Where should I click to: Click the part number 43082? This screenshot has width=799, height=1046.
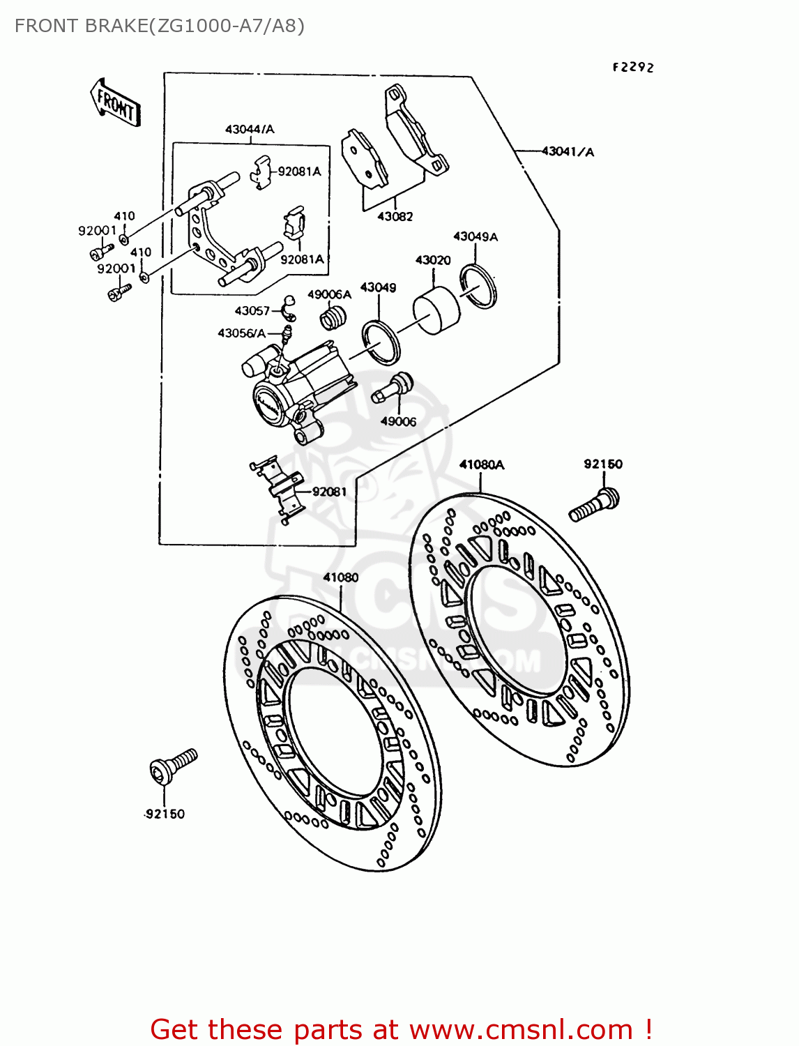click(x=395, y=216)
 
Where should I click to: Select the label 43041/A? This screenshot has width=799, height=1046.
click(x=568, y=151)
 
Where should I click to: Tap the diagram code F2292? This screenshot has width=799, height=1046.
click(x=633, y=67)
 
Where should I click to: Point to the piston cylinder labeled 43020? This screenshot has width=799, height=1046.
click(x=436, y=310)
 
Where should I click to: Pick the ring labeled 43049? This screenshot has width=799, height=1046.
click(x=381, y=342)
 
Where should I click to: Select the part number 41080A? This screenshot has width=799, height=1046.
click(x=481, y=464)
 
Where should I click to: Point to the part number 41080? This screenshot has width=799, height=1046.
click(x=341, y=577)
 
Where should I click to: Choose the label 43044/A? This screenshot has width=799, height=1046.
click(x=250, y=129)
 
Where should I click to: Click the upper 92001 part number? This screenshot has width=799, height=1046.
click(x=97, y=231)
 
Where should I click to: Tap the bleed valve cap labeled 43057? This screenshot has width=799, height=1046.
click(x=287, y=305)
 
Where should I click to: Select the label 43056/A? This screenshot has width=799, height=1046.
click(x=241, y=333)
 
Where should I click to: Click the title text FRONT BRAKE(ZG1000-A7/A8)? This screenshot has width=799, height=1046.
click(x=160, y=26)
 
